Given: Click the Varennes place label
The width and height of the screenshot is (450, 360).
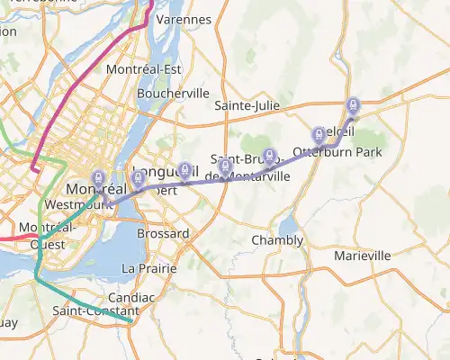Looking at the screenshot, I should (184, 19).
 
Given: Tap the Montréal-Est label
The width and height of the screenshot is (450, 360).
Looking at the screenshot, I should (144, 69).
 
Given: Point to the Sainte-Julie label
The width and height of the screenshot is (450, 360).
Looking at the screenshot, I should (247, 106).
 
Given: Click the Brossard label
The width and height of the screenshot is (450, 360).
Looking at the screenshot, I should (163, 234).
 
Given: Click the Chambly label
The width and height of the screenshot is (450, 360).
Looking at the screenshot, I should (277, 240).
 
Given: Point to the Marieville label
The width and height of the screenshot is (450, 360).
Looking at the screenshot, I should (363, 256).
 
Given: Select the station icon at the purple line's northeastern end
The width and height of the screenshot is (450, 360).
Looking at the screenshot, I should (353, 106).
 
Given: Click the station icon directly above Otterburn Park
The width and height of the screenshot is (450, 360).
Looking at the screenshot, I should (319, 135).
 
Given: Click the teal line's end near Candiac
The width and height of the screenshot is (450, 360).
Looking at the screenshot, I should (131, 320).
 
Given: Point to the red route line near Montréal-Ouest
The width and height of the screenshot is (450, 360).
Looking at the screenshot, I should (18, 238).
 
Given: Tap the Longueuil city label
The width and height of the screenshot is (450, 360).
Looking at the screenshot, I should (158, 172).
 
